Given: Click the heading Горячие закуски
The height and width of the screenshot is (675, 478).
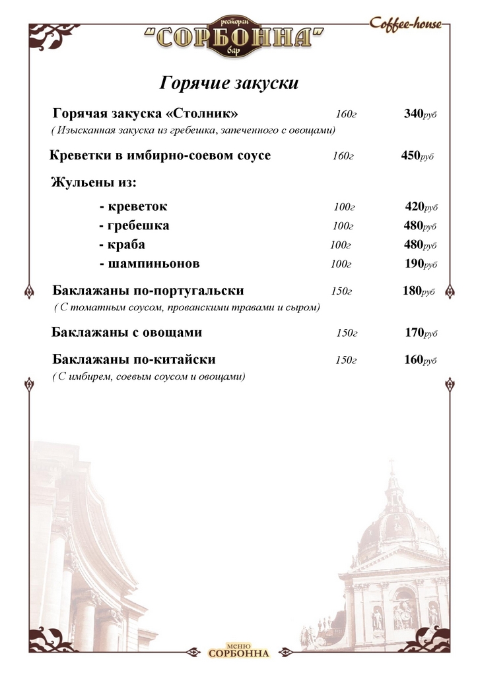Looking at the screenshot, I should click(x=229, y=84).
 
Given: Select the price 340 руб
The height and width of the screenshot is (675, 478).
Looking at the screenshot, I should click(x=420, y=114).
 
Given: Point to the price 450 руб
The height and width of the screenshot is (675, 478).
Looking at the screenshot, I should click(x=417, y=156).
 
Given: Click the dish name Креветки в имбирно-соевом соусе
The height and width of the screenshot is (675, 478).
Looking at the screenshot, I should click(x=160, y=156).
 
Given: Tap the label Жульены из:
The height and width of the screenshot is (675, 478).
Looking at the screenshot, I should click(x=94, y=183).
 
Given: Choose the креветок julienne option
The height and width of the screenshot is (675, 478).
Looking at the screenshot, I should click(x=133, y=207).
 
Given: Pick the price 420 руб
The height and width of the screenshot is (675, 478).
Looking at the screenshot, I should click(x=421, y=207).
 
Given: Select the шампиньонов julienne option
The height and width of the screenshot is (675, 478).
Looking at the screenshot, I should click(x=149, y=264).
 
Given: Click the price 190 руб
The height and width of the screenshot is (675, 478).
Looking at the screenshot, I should click(x=421, y=264).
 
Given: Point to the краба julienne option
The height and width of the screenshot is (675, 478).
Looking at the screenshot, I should click(x=122, y=245).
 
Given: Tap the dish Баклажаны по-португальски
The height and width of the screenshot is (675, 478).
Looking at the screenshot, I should click(x=148, y=291).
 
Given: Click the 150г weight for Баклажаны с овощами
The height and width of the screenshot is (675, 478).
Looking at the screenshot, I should click(x=346, y=333).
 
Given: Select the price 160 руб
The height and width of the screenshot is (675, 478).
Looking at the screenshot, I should click(x=420, y=360).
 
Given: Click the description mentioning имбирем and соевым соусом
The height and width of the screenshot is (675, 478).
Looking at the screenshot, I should click(x=149, y=376).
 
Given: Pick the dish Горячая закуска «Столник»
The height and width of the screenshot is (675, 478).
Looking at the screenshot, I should click(x=145, y=114).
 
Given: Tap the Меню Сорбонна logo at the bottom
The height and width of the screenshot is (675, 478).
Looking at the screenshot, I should click(x=238, y=650).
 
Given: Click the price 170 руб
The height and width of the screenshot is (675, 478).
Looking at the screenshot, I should click(x=421, y=333).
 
